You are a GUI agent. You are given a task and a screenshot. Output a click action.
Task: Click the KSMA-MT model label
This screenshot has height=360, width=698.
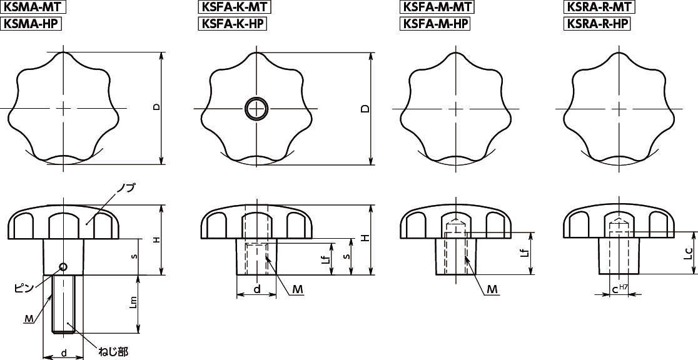(33, 7)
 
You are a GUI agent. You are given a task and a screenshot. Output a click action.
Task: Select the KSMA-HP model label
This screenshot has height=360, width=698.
(30, 24)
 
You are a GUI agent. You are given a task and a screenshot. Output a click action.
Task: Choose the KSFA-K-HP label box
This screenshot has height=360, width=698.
(232, 24)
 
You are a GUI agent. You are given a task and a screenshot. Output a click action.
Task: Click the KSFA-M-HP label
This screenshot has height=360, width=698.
(435, 24)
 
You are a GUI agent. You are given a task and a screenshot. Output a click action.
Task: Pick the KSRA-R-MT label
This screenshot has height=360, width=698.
(599, 7)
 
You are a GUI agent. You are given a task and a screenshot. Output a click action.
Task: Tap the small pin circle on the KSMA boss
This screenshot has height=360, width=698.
(63, 266)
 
